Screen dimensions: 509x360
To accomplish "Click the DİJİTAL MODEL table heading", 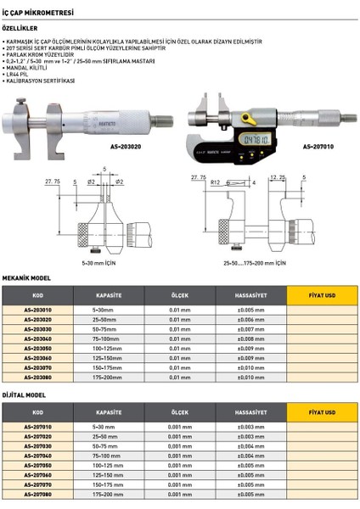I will [x=24, y=394].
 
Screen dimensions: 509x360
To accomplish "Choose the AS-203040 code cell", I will [x=37, y=338].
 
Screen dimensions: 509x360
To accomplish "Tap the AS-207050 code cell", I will [x=37, y=466].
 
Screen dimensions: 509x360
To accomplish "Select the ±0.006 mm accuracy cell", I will [x=251, y=319].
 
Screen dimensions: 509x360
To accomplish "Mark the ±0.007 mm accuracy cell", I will [x=251, y=328].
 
